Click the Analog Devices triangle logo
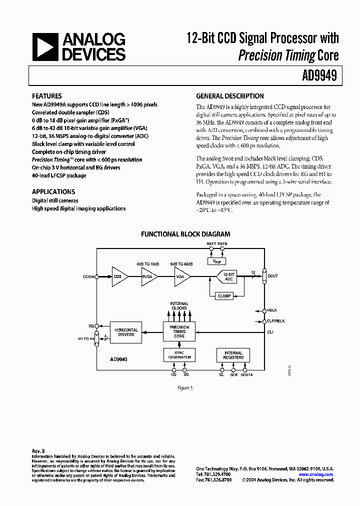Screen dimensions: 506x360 click(43, 48)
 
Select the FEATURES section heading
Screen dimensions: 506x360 click(47, 96)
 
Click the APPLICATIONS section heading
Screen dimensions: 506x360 click(53, 191)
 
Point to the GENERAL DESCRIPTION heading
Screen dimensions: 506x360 click(230, 96)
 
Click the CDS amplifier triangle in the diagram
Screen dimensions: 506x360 click(119, 276)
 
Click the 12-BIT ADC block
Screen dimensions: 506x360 click(228, 276)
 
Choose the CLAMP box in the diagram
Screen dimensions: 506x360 click(224, 296)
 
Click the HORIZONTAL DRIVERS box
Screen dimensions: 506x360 click(125, 332)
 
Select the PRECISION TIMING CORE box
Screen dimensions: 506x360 click(179, 332)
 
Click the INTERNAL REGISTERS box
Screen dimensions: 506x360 click(233, 355)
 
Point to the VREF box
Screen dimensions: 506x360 click(216, 261)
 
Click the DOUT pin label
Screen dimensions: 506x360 click(272, 276)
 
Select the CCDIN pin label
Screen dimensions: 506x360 click(88, 276)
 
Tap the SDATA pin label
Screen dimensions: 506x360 click(247, 374)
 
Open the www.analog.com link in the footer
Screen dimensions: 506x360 click(315, 474)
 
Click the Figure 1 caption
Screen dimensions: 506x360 click(185, 387)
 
